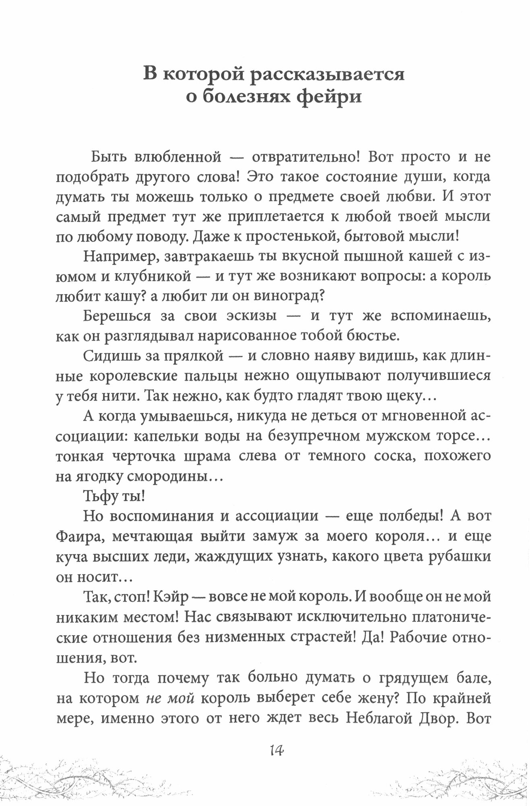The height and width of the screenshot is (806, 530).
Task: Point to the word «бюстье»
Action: pos(366,336)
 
